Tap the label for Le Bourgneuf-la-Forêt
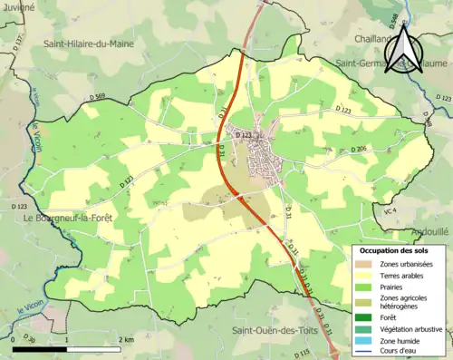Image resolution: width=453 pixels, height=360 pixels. click(x=67, y=219)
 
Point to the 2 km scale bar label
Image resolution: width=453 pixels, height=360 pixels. click(x=125, y=338)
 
